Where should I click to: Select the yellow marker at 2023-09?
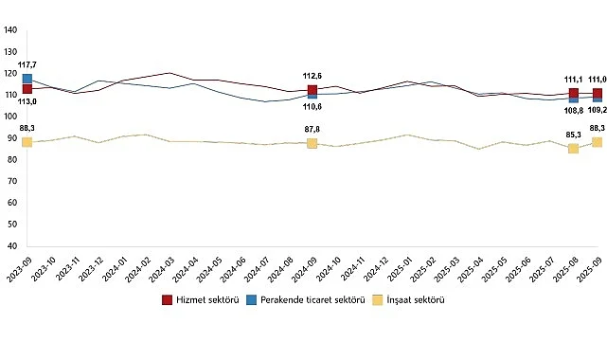[27, 142]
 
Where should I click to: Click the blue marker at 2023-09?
[27, 79]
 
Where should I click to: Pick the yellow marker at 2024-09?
[312, 143]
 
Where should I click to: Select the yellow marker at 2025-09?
[598, 142]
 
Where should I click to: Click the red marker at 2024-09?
[312, 91]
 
